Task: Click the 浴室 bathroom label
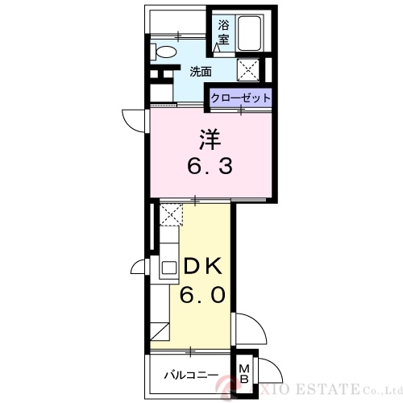(223, 30)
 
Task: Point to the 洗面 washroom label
(201, 71)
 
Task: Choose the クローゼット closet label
(240, 98)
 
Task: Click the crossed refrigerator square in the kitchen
(171, 214)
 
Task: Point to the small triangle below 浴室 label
(218, 48)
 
